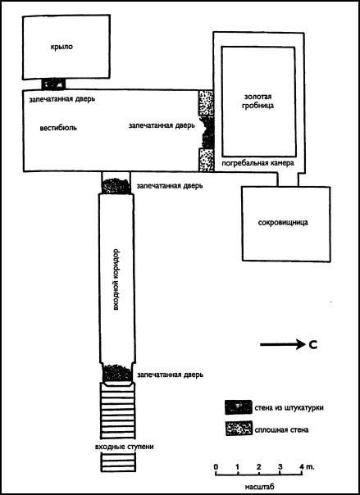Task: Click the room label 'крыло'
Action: (x=62, y=48)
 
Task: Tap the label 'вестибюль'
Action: (x=58, y=129)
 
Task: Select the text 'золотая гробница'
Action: (x=258, y=101)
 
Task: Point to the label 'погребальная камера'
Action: (x=258, y=163)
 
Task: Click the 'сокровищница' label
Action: (x=283, y=223)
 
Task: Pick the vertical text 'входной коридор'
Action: (x=116, y=280)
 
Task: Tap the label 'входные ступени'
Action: (x=124, y=447)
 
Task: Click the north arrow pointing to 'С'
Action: (x=281, y=345)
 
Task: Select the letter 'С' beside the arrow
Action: (x=312, y=345)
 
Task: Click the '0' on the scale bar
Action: (x=216, y=466)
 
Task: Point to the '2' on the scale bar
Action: (x=259, y=466)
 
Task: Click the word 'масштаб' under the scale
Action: (x=259, y=487)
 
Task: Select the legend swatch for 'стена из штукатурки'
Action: (x=239, y=407)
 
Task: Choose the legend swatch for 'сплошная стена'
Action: (x=239, y=429)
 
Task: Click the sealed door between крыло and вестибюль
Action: (x=53, y=84)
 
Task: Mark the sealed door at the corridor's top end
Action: (x=116, y=186)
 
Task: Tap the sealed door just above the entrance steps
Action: (x=118, y=373)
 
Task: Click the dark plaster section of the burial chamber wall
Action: (x=207, y=132)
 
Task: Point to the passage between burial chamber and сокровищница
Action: (x=288, y=179)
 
